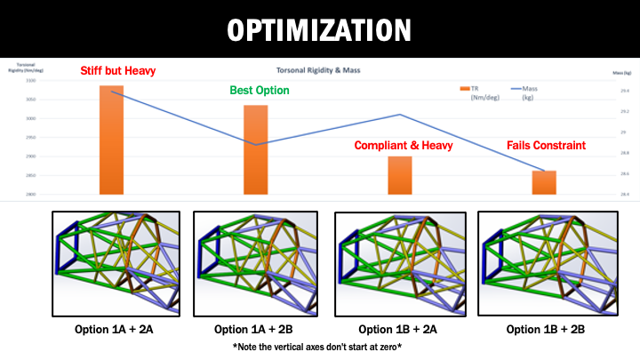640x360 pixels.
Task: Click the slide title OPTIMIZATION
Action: coord(320,29)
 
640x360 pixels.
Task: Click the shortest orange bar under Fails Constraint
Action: coord(544,182)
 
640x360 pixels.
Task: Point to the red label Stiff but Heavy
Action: coord(111,71)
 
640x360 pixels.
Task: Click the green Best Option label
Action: coord(260,91)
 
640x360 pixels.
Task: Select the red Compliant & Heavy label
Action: coord(404,146)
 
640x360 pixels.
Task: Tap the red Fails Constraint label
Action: coord(547,146)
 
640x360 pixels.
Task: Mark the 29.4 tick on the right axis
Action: coord(625,92)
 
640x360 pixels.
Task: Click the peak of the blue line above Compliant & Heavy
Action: coord(401,115)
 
